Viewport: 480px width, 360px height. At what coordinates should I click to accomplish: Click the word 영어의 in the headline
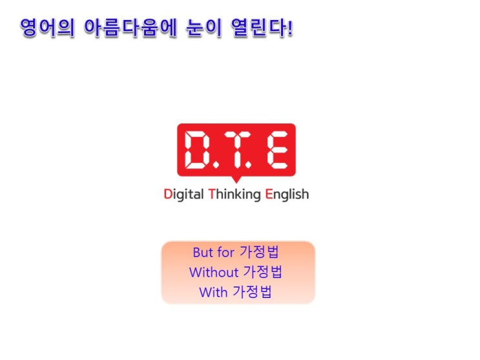47,28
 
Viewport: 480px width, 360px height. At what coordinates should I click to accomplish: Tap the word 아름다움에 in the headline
130,28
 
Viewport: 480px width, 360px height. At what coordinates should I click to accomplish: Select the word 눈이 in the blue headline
204,28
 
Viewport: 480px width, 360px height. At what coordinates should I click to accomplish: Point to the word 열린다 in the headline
258,28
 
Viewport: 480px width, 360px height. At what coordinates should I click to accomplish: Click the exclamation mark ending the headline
290,28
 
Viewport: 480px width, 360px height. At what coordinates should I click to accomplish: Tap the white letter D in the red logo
198,149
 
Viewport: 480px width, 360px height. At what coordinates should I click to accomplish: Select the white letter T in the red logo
236,149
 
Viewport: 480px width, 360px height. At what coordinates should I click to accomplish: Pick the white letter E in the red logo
278,149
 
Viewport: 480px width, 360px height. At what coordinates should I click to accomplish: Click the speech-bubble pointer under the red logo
236,179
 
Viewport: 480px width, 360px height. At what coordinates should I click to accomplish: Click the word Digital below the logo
183,195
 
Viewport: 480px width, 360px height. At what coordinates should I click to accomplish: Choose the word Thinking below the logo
235,195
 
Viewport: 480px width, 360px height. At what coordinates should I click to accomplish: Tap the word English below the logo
287,195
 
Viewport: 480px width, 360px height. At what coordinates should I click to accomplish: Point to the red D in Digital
168,195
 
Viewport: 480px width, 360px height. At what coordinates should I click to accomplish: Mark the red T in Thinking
212,195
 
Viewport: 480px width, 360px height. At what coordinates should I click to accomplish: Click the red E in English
269,195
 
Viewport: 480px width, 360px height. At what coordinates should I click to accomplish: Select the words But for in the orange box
214,253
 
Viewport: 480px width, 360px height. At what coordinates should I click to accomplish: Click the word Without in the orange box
214,272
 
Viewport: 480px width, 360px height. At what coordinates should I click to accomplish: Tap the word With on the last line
213,292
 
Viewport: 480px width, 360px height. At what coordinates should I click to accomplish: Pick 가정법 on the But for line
259,252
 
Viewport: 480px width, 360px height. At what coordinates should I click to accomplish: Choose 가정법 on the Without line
263,271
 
